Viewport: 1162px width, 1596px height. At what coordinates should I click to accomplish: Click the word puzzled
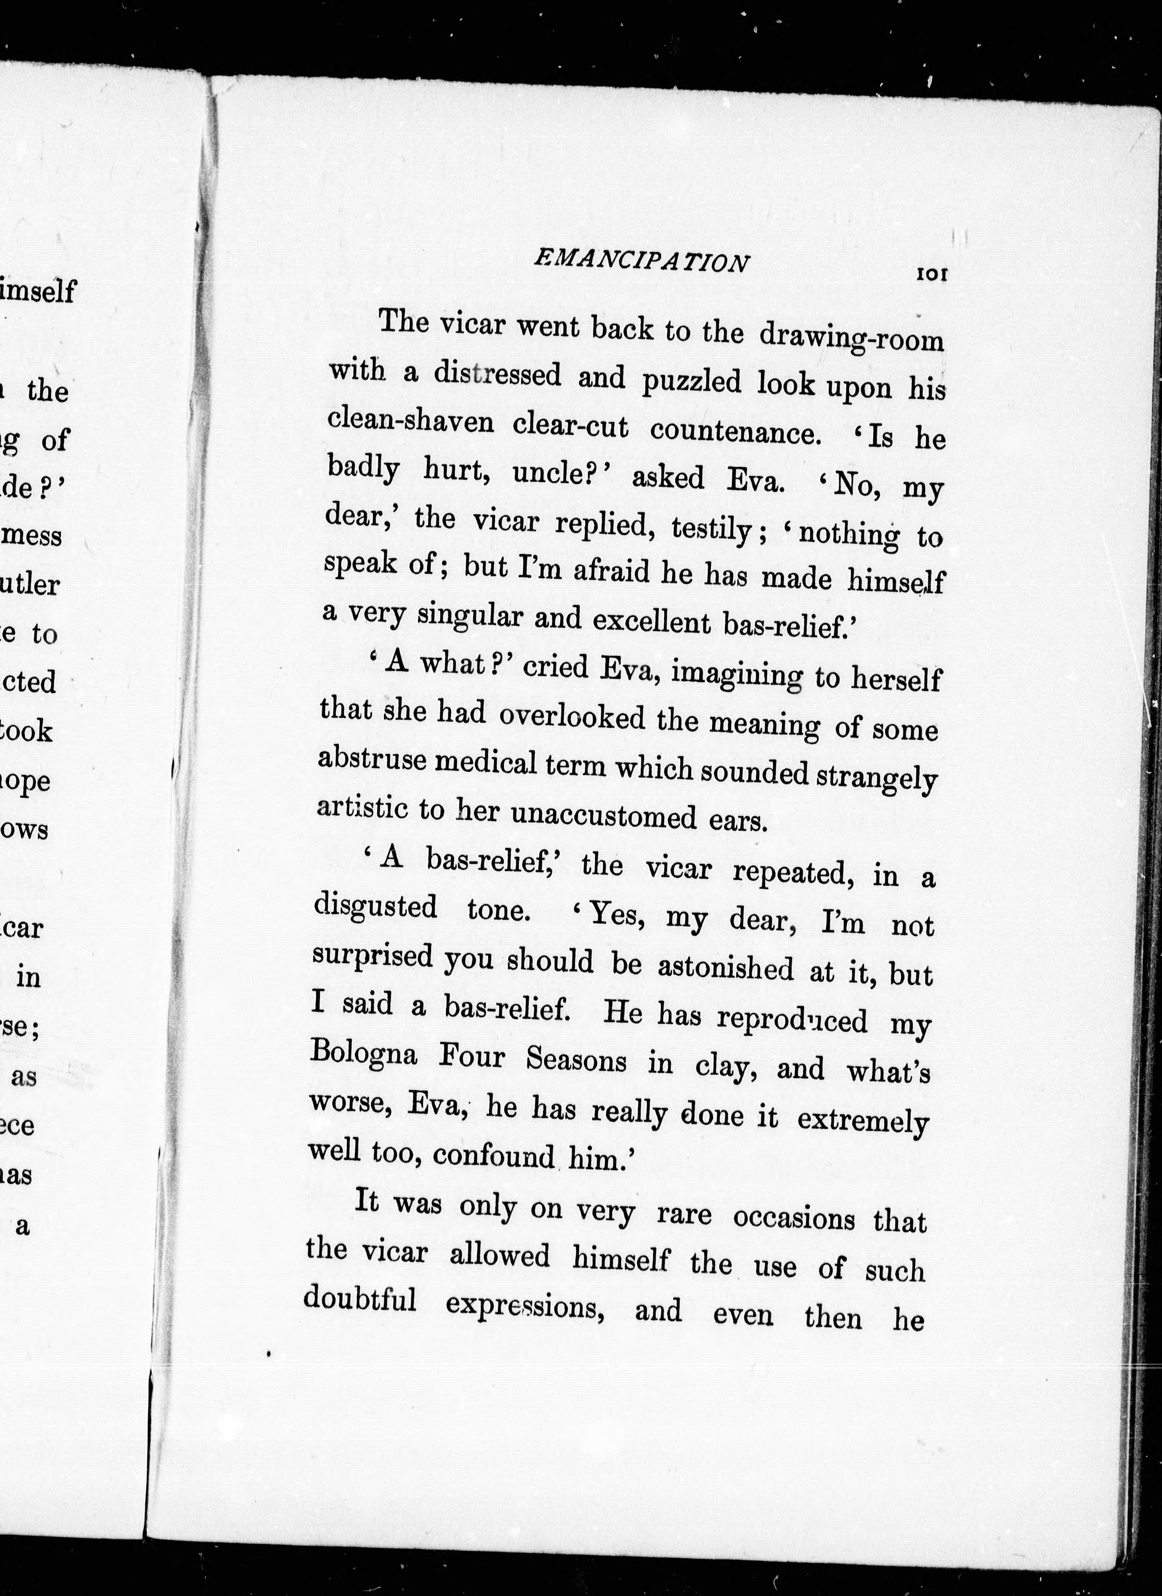point(692,381)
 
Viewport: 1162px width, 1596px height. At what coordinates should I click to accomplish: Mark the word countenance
point(735,430)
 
